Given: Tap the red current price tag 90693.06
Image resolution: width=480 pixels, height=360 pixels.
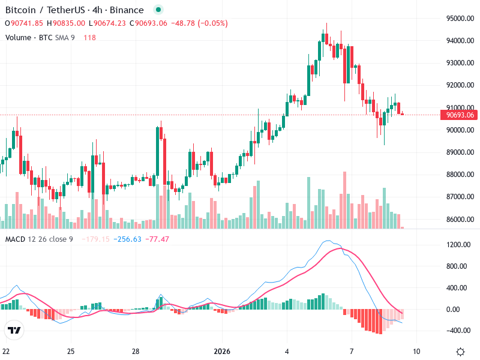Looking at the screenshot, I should click(458, 115).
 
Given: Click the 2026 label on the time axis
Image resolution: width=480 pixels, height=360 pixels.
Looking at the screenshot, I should click(221, 352).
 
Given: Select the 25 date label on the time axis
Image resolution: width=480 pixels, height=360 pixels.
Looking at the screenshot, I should click(70, 352).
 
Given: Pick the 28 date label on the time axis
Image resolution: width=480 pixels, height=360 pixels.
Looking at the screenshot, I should click(136, 352).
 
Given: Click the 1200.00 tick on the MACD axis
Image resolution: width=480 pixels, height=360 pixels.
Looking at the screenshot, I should click(457, 245).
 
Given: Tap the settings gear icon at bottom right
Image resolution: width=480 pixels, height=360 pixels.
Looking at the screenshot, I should click(460, 352).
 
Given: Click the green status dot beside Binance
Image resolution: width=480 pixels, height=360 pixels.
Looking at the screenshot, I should click(158, 10).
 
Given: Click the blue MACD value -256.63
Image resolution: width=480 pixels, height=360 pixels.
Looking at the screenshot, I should click(129, 239).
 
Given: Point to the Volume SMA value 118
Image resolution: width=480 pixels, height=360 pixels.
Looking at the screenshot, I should click(89, 37).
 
